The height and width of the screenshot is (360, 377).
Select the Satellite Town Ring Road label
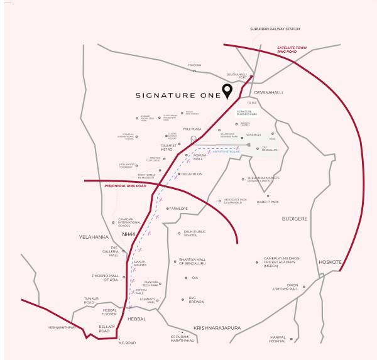point(297,50)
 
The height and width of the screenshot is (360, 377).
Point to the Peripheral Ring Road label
point(125,186)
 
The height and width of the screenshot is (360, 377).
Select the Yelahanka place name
point(94,237)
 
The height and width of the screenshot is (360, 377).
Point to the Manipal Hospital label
point(281,340)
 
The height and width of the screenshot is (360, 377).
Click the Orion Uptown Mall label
point(283,286)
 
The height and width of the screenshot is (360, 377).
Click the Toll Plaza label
point(192,129)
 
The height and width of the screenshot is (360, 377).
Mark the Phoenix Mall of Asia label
point(105,277)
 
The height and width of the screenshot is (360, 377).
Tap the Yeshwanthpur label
point(62,327)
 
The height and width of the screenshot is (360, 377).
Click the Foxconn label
point(194,65)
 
